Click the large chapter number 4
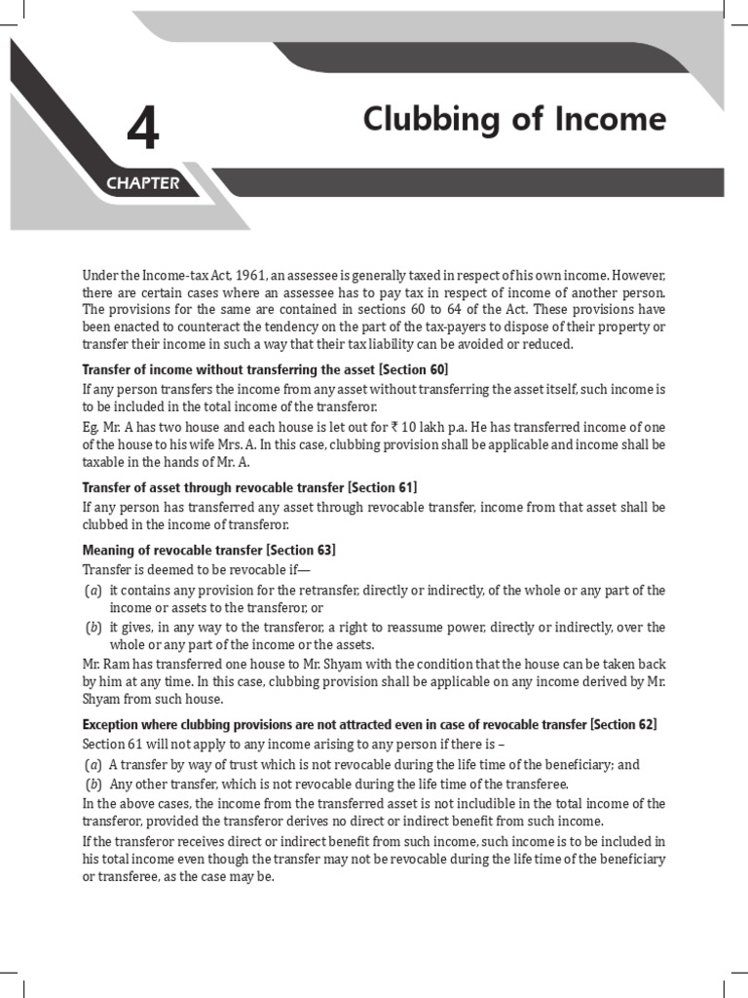(x=142, y=130)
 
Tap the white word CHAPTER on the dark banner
(x=143, y=183)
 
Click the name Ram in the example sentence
(x=120, y=663)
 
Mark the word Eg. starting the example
(x=92, y=426)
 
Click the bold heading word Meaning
(x=109, y=550)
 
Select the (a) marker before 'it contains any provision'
(x=93, y=590)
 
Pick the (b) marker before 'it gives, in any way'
(x=93, y=627)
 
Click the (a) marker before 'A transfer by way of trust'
(x=93, y=765)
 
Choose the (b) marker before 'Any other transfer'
(x=93, y=784)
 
